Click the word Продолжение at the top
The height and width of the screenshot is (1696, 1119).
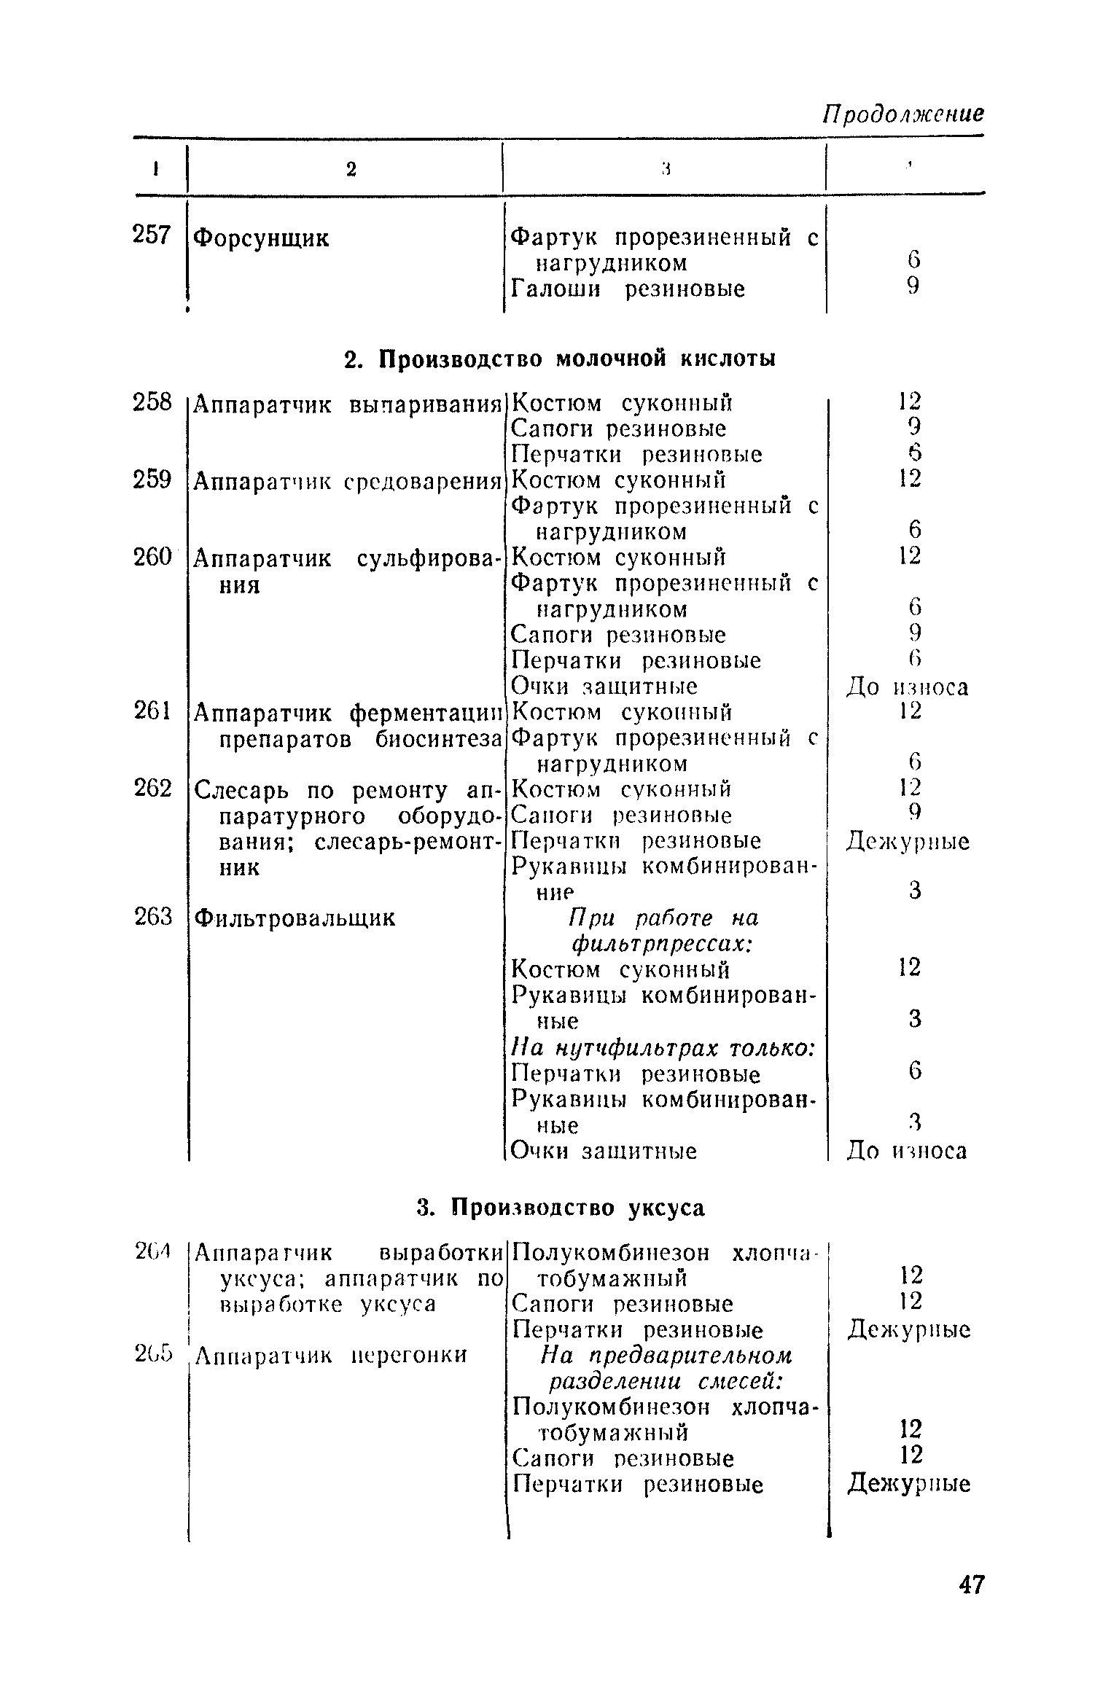point(902,114)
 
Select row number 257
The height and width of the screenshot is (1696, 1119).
point(152,235)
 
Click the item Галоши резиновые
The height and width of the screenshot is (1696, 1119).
point(628,289)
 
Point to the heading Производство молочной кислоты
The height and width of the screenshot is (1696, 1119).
point(559,359)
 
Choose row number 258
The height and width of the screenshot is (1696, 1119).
point(152,402)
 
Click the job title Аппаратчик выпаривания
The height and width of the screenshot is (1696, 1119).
point(348,404)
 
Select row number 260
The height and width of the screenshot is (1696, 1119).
point(152,557)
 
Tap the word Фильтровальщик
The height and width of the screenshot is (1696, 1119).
point(295,918)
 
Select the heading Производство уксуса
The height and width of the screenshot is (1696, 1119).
point(561,1208)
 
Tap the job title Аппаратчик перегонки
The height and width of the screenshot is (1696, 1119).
point(331,1355)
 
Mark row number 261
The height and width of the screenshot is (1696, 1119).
point(152,711)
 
